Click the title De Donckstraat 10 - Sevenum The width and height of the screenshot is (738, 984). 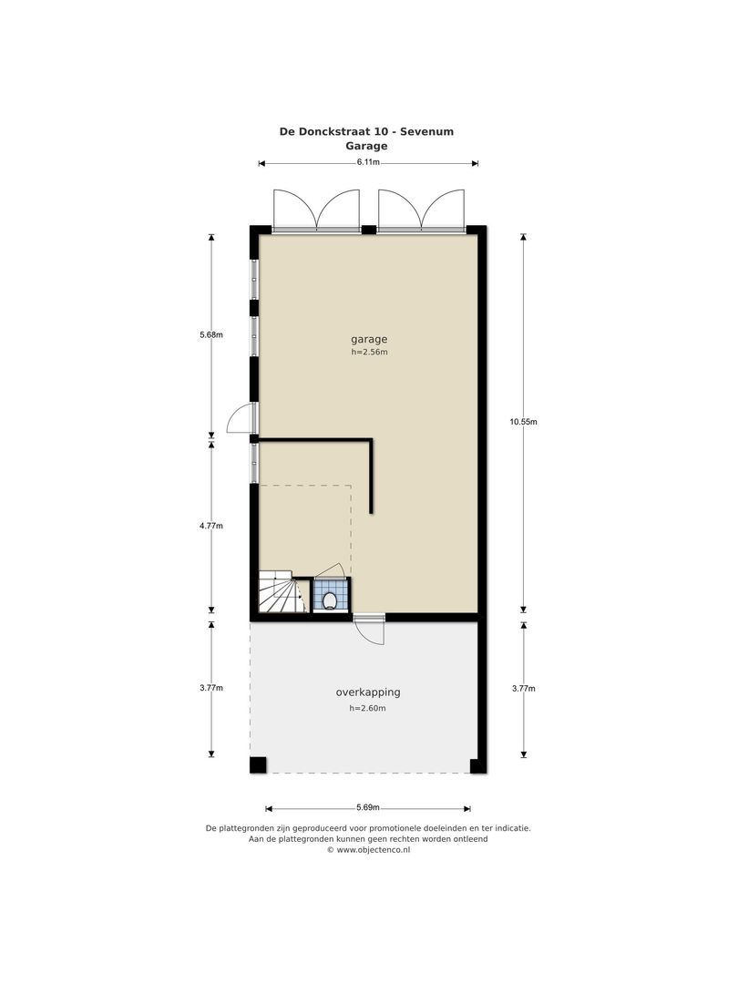[366, 131]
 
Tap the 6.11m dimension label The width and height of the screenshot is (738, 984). [368, 162]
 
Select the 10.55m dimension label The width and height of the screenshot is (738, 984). [523, 422]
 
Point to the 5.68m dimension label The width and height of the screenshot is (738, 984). [211, 334]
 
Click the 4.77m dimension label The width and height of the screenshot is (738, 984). [211, 526]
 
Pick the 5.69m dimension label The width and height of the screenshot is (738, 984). [368, 807]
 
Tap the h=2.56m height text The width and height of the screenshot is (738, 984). [369, 353]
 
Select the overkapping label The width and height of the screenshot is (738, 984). [367, 692]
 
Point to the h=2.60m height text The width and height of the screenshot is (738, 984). [367, 708]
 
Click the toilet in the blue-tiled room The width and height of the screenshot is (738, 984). [329, 600]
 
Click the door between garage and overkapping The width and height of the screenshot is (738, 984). [370, 628]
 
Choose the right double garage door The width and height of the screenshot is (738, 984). [421, 210]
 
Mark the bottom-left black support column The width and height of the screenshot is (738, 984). [259, 765]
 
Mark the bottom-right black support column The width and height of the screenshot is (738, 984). [477, 765]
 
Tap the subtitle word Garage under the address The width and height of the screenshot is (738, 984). [366, 146]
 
